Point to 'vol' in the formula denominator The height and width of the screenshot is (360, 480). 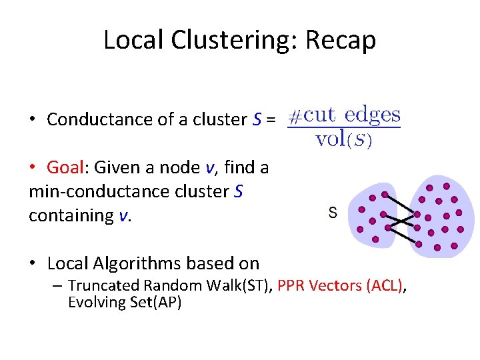tap(329, 139)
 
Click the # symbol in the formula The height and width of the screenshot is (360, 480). tap(295, 116)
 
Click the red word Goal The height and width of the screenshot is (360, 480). tap(65, 167)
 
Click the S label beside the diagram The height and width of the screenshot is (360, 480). tap(333, 213)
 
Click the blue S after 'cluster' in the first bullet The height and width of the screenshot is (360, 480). tap(257, 119)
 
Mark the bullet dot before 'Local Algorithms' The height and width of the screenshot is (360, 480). tap(33, 263)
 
